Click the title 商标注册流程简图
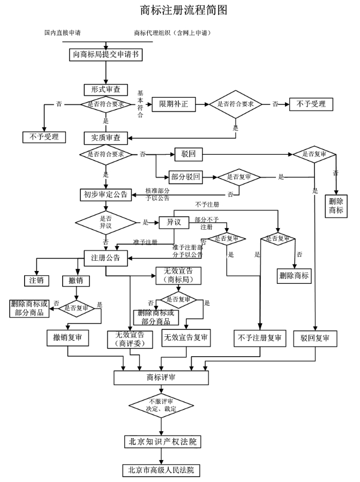point(184,10)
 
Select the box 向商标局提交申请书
point(106,55)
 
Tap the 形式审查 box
point(106,90)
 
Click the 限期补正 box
point(174,104)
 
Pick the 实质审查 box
point(106,138)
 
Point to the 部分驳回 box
point(186,177)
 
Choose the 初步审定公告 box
point(106,194)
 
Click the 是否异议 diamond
point(106,223)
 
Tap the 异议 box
point(174,223)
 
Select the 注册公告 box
point(106,258)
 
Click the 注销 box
point(36,280)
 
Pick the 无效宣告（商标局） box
point(178,275)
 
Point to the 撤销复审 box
point(67,338)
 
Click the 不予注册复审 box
point(260,338)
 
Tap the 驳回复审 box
point(315,338)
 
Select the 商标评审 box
point(161,378)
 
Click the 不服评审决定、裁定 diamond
point(161,405)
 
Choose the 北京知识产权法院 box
point(163,442)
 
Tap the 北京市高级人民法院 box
point(161,470)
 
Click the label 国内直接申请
point(62,33)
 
